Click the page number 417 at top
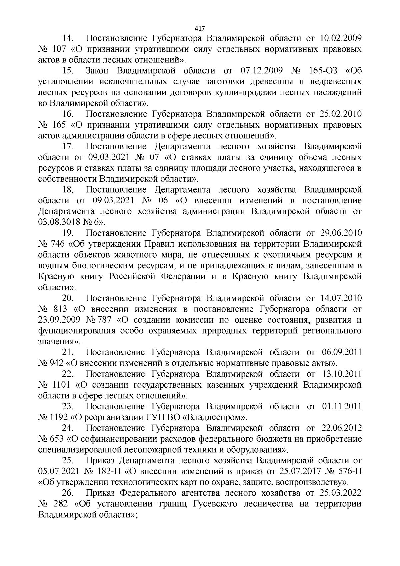[x=200, y=28]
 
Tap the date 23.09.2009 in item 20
[x=59, y=320]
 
